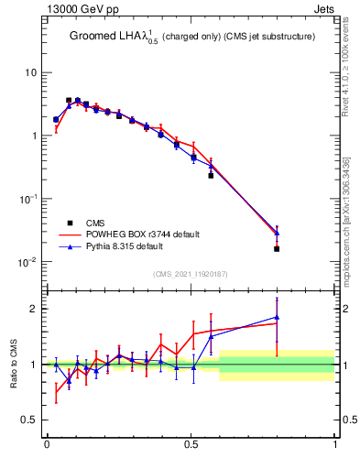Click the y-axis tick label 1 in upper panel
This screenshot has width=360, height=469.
[x=35, y=136]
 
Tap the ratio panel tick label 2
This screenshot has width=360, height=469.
[x=35, y=309]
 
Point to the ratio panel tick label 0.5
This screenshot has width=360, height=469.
[x=30, y=420]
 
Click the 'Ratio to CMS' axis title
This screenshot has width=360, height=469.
[x=14, y=365]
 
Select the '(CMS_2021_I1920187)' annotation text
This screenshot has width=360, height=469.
[x=191, y=273]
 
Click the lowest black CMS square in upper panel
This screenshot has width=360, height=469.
[x=277, y=248]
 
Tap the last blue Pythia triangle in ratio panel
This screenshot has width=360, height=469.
[x=277, y=318]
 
